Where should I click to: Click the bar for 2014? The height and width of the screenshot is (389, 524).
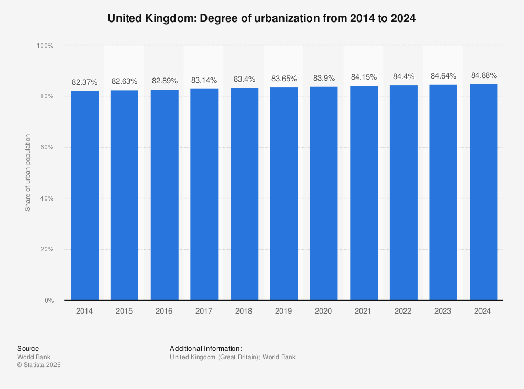pos(84,195)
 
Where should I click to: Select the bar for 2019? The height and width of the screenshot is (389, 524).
pos(284,194)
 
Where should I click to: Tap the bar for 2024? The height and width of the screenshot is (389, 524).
pos(483,192)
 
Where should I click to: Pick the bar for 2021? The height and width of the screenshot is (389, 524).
pos(364,193)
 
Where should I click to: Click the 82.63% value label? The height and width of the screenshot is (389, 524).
pos(124,81)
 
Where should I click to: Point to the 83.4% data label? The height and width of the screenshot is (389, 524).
pos(244,80)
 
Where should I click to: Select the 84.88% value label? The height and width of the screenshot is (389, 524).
pos(484,75)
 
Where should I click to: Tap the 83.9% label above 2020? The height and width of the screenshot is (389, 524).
pos(324,78)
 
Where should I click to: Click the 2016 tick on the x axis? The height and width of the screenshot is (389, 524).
pos(164,311)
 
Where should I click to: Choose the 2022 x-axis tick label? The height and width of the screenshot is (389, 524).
pos(403,311)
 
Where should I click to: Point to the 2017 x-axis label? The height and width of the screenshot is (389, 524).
pos(204,311)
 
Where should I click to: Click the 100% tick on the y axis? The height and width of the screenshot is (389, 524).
pos(45,46)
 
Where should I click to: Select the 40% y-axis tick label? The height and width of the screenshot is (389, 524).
pos(47,198)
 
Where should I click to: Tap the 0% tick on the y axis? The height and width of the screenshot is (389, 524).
pos(49,301)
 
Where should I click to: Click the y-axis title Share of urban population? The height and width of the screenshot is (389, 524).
pos(28,173)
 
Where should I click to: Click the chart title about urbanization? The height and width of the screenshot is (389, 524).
pos(261,18)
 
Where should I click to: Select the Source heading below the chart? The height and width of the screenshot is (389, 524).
pos(28,348)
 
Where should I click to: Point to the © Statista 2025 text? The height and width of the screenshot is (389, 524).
pos(39,365)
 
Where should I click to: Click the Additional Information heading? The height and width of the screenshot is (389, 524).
pos(205,348)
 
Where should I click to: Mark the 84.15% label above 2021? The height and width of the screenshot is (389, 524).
pos(364,77)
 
